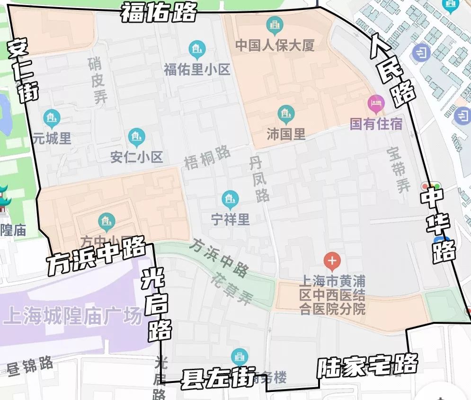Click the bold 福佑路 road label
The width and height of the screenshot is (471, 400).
coord(158,12)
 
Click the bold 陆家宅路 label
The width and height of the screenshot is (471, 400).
coord(367,365)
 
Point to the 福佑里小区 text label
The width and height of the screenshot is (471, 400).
coord(197,70)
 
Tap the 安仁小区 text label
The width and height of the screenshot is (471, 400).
coord(136,157)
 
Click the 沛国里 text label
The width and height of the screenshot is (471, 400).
coord(286,134)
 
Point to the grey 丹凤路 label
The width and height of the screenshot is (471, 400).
coord(258,179)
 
